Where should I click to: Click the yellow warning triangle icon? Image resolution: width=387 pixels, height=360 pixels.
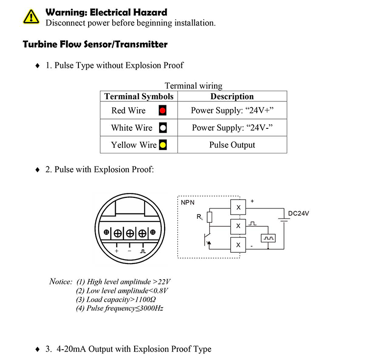tap(30, 17)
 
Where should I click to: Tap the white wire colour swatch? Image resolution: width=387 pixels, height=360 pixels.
tap(163, 128)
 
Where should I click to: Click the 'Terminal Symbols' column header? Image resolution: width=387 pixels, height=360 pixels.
tap(139, 96)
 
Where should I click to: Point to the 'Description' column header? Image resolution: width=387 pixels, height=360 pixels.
tap(232, 96)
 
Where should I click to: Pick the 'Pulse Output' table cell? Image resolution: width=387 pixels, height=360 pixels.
tap(232, 144)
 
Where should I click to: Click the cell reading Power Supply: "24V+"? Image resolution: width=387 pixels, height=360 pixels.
tap(232, 111)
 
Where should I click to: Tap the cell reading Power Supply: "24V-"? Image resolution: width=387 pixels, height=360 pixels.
tap(232, 128)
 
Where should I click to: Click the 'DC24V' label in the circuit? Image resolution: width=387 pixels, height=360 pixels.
tap(298, 214)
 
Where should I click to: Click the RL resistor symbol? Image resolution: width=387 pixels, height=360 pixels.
tap(210, 217)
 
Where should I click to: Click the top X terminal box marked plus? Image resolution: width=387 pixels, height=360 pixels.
tap(239, 208)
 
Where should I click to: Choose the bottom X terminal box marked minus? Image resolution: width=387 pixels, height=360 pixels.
tap(239, 244)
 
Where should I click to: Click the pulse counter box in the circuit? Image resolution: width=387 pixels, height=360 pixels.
tap(268, 239)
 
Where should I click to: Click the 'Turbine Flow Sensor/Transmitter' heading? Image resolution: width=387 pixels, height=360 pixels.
tap(95, 45)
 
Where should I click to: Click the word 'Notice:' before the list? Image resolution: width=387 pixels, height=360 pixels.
tap(61, 282)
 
